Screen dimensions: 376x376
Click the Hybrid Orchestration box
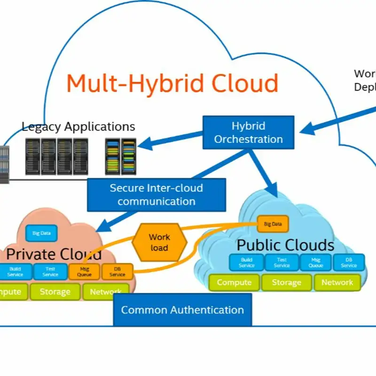tap(249, 133)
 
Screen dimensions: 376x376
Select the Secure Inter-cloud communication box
tap(156, 195)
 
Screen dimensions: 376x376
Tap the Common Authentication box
tap(182, 310)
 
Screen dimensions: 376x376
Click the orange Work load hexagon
tap(159, 242)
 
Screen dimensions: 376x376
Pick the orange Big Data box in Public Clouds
tap(273, 224)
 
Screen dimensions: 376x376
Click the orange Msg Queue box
tap(85, 271)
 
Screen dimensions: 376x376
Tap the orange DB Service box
tap(117, 271)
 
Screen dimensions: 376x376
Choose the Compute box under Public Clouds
tap(234, 282)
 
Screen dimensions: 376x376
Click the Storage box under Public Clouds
tap(286, 282)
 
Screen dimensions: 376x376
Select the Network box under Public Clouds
tap(337, 282)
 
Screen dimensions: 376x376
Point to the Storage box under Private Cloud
tap(55, 292)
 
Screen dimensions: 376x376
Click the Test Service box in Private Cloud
tap(50, 271)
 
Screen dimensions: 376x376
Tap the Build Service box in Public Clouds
tap(246, 262)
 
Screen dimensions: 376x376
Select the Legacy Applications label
tap(78, 126)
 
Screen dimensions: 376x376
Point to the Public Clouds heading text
tap(285, 245)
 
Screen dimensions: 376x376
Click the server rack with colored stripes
tap(120, 157)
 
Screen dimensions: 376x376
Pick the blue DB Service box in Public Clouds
tap(349, 262)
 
